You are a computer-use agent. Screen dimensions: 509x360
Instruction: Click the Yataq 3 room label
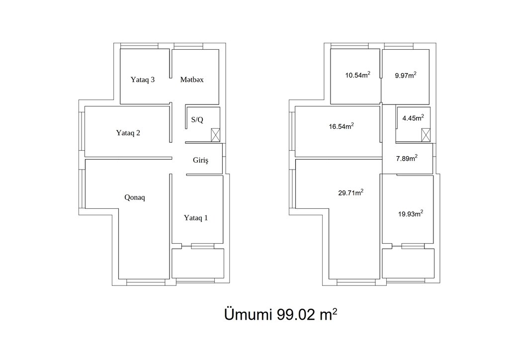pos(143,80)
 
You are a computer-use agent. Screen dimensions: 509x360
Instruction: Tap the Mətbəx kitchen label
pos(192,80)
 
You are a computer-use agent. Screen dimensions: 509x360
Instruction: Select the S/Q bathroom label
pos(197,120)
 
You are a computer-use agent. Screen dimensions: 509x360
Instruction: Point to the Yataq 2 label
pos(128,133)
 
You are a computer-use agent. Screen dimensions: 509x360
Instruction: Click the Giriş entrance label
pos(200,160)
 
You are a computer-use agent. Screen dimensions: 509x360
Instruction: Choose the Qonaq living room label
pos(135,197)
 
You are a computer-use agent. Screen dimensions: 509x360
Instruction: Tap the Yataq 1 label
pos(196,218)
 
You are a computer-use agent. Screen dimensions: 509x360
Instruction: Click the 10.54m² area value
pos(358,75)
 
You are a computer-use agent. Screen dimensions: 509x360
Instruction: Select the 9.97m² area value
pos(406,75)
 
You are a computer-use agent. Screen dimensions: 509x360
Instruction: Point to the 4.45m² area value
pos(413,118)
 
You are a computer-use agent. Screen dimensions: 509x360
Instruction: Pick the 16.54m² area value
pos(341,126)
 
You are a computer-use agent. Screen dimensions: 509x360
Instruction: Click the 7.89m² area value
pos(407,158)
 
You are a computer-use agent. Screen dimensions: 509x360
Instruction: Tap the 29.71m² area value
pos(350,192)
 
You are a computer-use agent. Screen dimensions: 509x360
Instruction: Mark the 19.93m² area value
pos(411,214)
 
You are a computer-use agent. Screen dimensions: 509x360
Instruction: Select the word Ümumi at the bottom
pos(248,314)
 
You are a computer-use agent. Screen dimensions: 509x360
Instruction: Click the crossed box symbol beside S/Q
pos(216,135)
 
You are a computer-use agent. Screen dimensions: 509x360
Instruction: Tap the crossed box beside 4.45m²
pos(426,135)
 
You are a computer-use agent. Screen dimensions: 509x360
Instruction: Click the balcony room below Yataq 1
pos(198,263)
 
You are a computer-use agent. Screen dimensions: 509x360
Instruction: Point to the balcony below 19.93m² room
pos(408,263)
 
